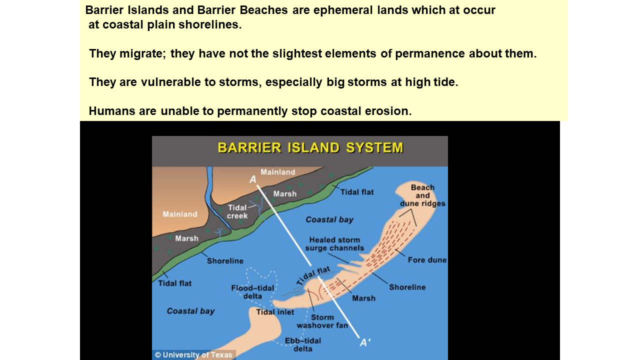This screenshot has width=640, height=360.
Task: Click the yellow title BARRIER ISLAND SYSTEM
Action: pos(310,148)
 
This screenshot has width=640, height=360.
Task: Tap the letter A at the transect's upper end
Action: pos(253,179)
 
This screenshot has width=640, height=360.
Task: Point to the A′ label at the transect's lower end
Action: pos(365,342)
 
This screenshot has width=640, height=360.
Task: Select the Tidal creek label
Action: pos(237,211)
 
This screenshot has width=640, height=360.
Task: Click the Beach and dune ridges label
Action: pos(422,195)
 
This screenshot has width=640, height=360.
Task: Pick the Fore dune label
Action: pos(427,259)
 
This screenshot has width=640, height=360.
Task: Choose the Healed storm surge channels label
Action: pos(334,243)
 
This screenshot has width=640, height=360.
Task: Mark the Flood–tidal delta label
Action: pos(252,292)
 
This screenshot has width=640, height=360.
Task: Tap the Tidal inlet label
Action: pos(275,312)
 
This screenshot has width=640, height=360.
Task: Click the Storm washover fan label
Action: pos(322,321)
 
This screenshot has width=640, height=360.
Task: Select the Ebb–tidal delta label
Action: pos(303,344)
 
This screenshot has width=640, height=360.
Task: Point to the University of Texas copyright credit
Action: pos(193,355)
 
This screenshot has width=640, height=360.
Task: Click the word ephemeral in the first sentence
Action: pos(343,10)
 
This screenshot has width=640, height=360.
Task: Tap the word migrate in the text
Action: pos(142,53)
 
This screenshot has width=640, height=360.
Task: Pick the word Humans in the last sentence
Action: pos(111,111)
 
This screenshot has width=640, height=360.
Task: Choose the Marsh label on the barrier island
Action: pos(363,298)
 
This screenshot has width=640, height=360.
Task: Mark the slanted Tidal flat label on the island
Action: pos(313,275)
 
